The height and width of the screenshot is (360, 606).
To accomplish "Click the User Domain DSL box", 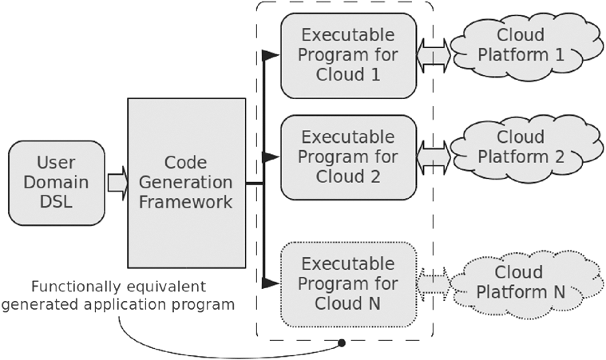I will coord(57,184).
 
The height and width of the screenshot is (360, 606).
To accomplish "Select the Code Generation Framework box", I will coord(186,183).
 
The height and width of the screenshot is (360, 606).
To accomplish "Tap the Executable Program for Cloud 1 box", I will coord(348,54).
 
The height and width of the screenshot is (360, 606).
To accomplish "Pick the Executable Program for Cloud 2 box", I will coord(348,156).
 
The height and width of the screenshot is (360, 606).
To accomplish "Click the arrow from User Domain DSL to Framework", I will coord(117,184).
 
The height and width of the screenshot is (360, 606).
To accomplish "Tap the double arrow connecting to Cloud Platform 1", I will coord(434,54).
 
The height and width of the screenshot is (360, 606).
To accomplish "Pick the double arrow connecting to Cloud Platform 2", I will coord(434,156).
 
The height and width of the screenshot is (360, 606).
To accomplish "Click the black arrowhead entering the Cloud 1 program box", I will coord(271,54).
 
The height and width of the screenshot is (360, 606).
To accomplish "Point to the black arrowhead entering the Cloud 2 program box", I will coord(271,156).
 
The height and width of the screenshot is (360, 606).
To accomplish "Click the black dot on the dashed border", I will coord(342,343).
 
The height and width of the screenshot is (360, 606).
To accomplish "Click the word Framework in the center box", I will coord(186,203).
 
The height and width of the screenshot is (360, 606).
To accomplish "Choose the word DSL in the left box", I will coord(57,204).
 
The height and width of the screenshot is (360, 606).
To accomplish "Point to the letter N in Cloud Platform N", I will coord(559,292).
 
